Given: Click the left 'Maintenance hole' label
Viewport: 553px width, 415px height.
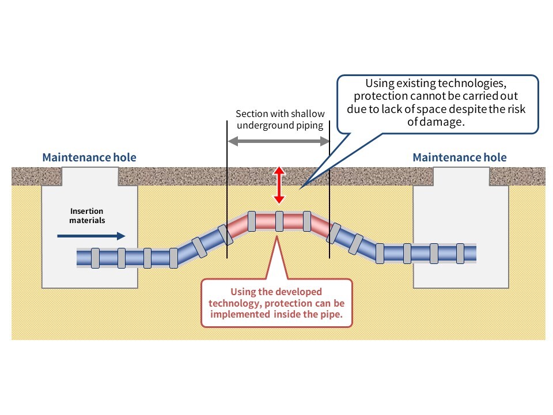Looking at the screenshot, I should click(x=89, y=157).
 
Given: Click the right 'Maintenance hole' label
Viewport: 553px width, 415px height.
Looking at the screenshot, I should click(x=460, y=157).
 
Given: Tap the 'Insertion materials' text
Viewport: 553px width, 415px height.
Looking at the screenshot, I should click(x=87, y=216).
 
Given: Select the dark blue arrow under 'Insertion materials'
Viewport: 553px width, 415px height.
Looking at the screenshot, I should click(x=92, y=235).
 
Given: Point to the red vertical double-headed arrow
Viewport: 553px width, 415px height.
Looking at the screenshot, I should click(x=279, y=185).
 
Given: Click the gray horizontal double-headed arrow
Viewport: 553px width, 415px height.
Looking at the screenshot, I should click(x=279, y=141).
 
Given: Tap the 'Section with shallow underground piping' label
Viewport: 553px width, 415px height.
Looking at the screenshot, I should click(x=280, y=119).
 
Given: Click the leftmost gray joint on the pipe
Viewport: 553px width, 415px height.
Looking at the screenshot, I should click(x=96, y=258).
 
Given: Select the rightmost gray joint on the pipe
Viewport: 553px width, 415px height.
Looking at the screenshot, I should click(x=460, y=253).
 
